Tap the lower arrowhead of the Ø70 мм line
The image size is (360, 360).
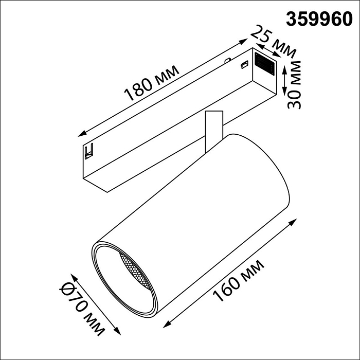click(117, 332)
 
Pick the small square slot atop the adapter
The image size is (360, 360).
click(245, 64)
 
